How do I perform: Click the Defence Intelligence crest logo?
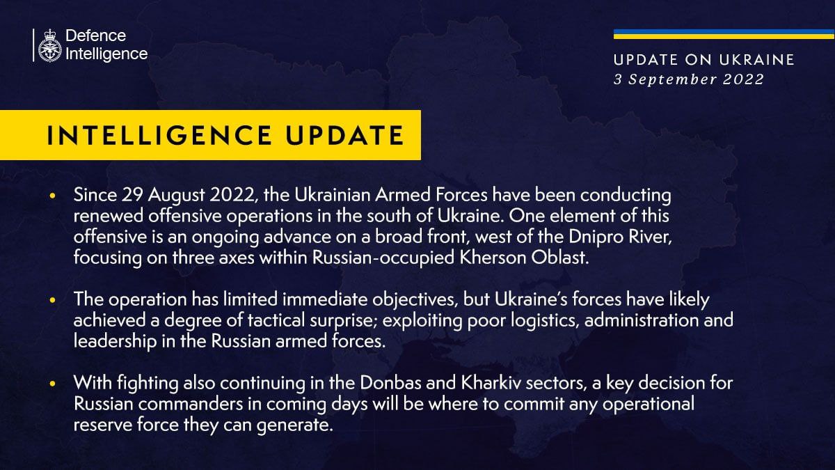tap(50, 45)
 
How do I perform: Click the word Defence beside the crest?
tap(96, 36)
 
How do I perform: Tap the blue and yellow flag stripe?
tap(724, 34)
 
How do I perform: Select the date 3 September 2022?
tap(689, 79)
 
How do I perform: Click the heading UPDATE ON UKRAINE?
tap(704, 60)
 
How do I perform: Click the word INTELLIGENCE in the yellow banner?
tap(159, 135)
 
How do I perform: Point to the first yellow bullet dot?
tap(52, 195)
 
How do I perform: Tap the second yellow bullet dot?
tap(52, 299)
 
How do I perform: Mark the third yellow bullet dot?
tap(52, 383)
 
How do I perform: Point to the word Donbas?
tap(390, 383)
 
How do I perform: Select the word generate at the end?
tap(294, 425)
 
